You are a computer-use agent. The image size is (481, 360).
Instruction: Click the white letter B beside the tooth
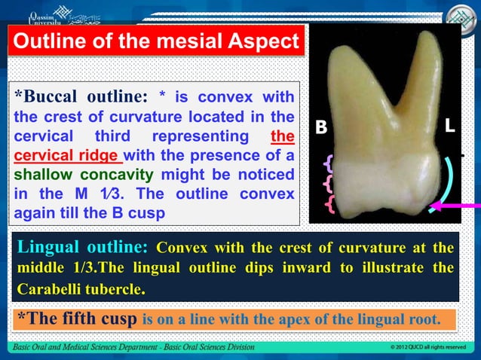click(x=321, y=128)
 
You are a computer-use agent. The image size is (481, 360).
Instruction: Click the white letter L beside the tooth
click(x=449, y=127)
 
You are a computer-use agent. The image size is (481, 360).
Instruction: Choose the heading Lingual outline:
click(x=82, y=248)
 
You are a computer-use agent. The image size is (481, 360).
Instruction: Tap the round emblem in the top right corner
click(x=458, y=17)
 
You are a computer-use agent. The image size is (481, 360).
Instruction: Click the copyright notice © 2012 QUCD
click(x=426, y=348)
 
